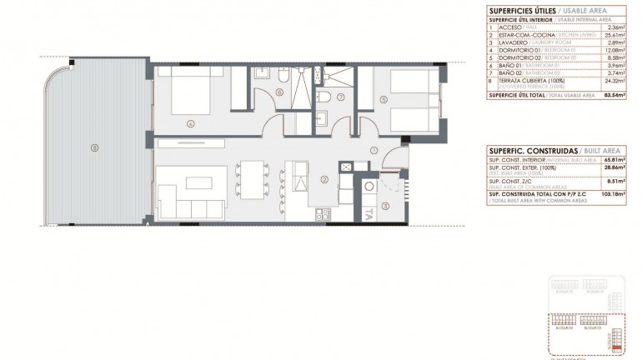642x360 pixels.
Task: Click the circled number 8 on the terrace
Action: click(95, 149)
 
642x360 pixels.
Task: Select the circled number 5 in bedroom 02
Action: click(383, 101)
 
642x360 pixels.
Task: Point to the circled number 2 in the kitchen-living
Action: click(324, 177)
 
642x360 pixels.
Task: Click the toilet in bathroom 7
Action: click(332, 99)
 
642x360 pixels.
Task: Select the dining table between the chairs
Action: click(250, 178)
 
